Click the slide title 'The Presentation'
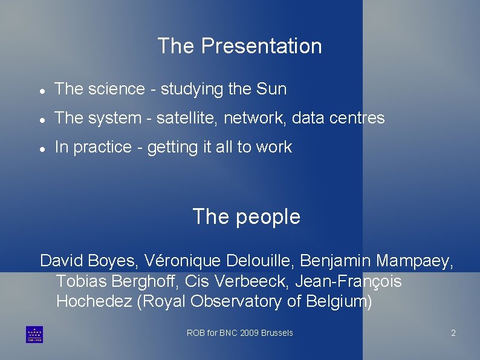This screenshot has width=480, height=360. click(x=239, y=46)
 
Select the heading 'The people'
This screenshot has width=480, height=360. click(x=246, y=217)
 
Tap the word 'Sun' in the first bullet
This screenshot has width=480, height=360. click(x=271, y=89)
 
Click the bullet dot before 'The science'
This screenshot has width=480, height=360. click(x=41, y=90)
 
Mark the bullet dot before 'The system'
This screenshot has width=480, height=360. click(x=41, y=119)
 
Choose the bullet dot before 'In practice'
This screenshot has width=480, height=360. click(x=41, y=148)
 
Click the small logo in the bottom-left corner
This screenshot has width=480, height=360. click(x=34, y=335)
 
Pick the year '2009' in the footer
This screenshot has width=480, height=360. click(x=249, y=333)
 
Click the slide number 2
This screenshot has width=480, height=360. click(x=453, y=333)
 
